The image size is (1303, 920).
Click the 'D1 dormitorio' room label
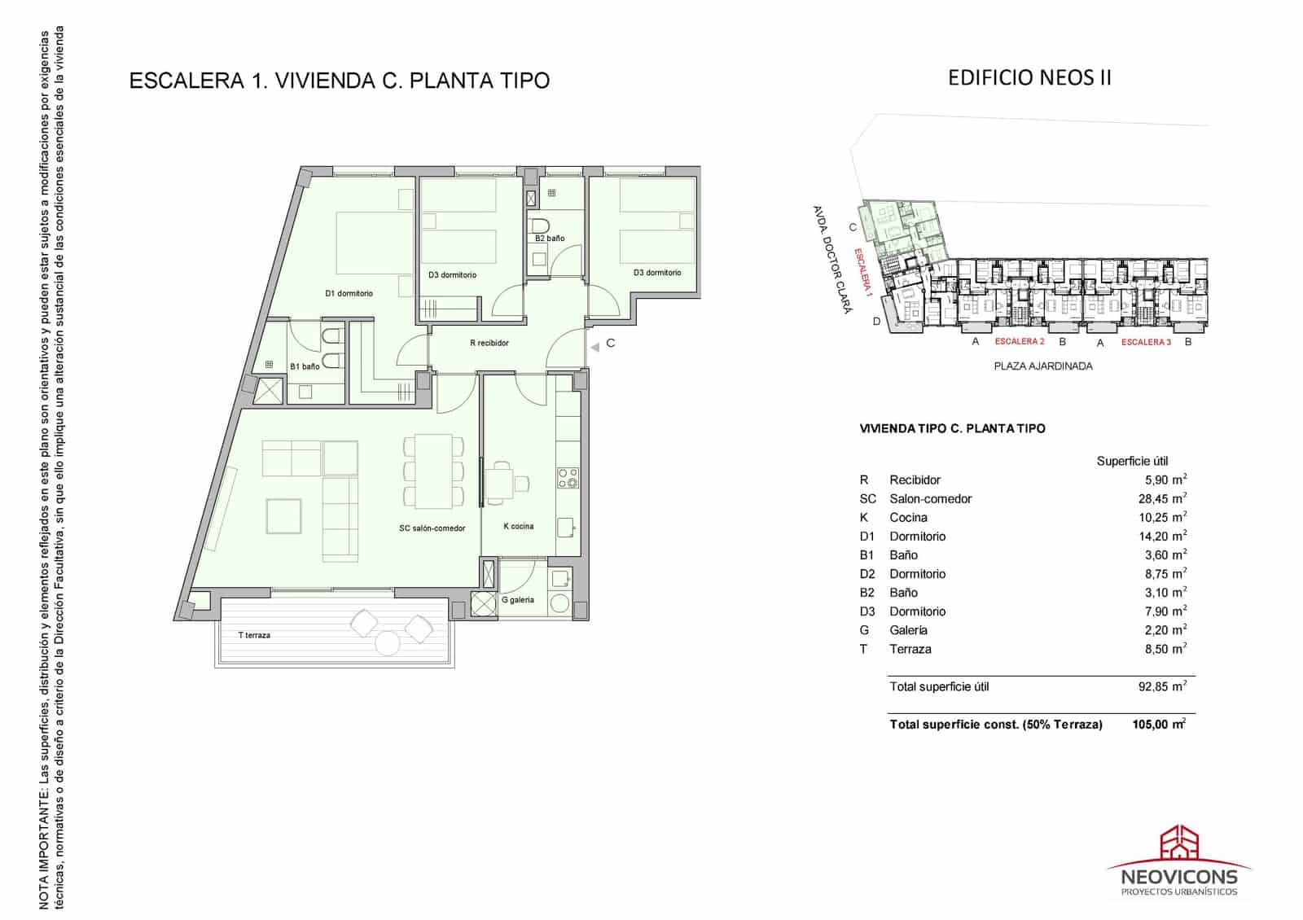tap(349, 293)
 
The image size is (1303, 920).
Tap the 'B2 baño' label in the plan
tap(550, 239)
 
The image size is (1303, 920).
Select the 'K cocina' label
tap(519, 526)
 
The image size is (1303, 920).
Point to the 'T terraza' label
tap(254, 635)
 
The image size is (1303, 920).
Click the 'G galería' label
tap(518, 600)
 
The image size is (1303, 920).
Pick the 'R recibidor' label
tap(489, 343)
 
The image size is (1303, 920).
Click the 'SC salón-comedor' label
tap(432, 528)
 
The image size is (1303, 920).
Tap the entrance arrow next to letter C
tap(594, 347)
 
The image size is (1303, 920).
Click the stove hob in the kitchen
tap(568, 478)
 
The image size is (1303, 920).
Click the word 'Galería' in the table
tap(908, 630)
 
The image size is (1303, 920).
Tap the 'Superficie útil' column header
tap(1132, 461)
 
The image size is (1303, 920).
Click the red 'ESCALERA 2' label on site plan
tap(1019, 342)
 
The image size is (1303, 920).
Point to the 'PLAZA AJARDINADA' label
tap(1043, 366)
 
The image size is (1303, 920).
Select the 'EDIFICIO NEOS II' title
tap(1029, 77)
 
